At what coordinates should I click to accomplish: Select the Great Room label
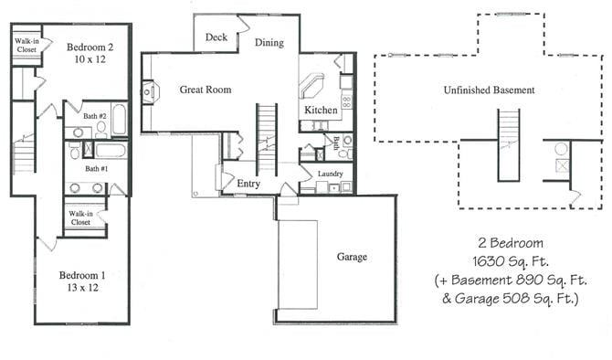click(205, 90)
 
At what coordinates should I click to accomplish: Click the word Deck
click(216, 37)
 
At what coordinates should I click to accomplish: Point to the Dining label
click(269, 42)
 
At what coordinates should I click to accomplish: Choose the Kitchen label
click(322, 111)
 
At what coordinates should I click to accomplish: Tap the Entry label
click(248, 184)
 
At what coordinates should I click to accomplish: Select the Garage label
click(352, 257)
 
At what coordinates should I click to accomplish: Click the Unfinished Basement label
click(489, 90)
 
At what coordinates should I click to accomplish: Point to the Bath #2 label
click(97, 117)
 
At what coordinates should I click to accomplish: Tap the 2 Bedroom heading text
click(511, 243)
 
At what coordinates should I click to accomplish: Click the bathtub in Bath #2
click(120, 120)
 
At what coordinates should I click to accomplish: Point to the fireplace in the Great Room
click(149, 90)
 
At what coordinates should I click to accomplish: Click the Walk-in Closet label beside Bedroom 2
click(26, 47)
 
